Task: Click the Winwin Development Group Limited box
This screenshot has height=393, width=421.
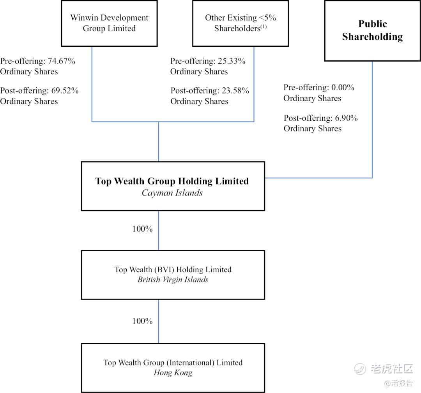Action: [109, 23]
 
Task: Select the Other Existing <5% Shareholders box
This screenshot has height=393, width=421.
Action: [240, 23]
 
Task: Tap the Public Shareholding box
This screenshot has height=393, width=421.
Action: [372, 30]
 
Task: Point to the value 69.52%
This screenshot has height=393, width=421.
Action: [64, 91]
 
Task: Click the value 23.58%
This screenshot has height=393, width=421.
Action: [235, 91]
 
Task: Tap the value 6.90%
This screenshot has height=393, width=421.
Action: [345, 118]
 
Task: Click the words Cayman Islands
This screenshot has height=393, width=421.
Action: [172, 193]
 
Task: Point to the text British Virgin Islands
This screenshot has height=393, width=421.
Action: [173, 280]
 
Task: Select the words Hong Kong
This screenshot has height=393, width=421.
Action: [173, 373]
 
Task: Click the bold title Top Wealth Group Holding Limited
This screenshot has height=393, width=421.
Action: [172, 181]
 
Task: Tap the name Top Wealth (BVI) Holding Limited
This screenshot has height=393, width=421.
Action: [173, 270]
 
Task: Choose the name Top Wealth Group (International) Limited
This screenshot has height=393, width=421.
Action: [173, 363]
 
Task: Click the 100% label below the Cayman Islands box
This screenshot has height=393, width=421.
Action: [142, 229]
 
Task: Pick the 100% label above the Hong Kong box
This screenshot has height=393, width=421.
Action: [142, 321]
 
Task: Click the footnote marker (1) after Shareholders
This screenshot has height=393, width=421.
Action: [263, 27]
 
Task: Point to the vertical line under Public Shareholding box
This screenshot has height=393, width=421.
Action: [372, 117]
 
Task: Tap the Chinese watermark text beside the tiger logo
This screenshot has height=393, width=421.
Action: [391, 368]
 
